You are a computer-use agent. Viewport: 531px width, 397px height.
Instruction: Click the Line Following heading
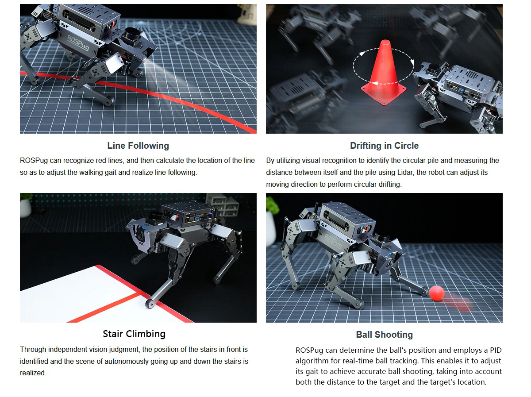(138, 146)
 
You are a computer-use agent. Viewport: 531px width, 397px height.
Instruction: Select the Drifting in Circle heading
(384, 146)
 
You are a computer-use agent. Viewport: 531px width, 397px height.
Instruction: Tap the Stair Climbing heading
(134, 334)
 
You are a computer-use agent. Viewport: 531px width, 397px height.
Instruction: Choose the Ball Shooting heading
(384, 335)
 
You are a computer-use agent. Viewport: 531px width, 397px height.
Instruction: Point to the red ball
(437, 293)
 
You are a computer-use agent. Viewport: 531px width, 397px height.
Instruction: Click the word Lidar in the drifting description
(406, 173)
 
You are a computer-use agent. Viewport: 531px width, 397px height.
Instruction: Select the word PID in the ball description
(496, 350)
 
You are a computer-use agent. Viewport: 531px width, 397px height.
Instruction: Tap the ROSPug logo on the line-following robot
(78, 43)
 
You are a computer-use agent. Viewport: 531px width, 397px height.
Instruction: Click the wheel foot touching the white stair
(150, 304)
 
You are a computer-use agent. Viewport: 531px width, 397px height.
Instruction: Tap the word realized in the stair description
(32, 373)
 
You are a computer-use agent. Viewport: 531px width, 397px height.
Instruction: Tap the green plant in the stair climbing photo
(26, 197)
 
